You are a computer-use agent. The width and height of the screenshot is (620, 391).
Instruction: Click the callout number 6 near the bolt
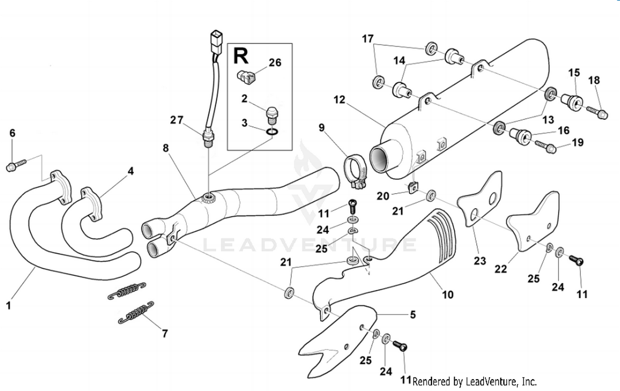[x=12, y=133]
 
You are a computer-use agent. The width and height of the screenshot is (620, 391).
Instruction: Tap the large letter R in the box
[x=241, y=56]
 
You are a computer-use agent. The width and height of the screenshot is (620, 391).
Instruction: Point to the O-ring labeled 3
[x=272, y=132]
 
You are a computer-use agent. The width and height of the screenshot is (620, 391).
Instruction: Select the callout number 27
[x=176, y=120]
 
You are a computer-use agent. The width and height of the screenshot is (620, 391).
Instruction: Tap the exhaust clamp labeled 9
[x=356, y=172]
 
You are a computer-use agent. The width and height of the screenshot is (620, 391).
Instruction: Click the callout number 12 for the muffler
[x=339, y=100]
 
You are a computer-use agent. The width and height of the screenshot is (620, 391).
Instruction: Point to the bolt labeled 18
[x=597, y=112]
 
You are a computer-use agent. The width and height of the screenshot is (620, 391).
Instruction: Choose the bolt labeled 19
[x=545, y=147]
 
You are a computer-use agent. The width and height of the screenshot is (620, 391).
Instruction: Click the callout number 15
[x=574, y=73]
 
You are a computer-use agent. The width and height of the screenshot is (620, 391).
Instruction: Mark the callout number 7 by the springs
[x=165, y=333]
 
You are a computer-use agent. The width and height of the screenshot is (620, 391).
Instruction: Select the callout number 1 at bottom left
[x=8, y=306]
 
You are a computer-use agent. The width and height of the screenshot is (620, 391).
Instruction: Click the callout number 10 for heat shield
[x=448, y=295]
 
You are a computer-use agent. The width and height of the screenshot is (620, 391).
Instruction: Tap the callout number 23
[x=479, y=261]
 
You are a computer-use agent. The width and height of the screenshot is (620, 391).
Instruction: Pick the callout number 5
[x=413, y=315]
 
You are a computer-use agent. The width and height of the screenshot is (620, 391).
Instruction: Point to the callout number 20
[x=383, y=196]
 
